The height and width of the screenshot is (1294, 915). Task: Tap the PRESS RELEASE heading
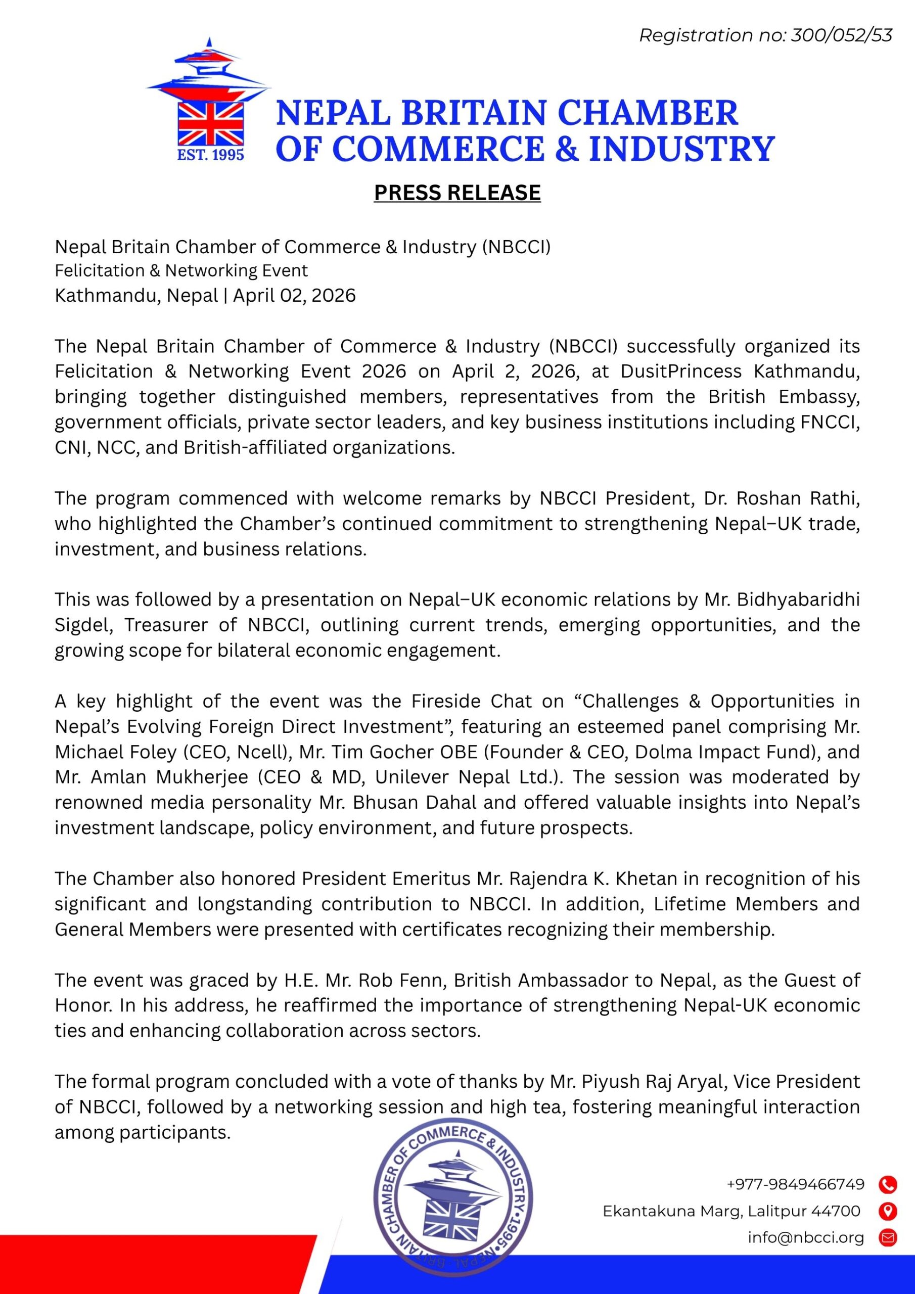[457, 193]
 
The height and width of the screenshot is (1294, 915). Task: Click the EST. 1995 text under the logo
[210, 155]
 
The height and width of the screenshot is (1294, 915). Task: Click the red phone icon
[888, 1185]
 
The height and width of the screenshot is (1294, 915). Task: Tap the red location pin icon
[888, 1211]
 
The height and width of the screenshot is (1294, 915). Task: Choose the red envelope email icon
[888, 1238]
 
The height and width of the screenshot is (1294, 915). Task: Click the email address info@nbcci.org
[806, 1238]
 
